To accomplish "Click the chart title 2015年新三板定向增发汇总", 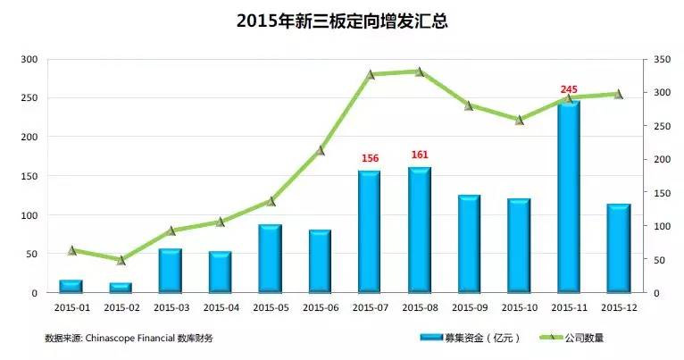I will pyautogui.click(x=342, y=20).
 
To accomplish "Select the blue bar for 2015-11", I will pyautogui.click(x=569, y=197).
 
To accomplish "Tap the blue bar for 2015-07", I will pyautogui.click(x=370, y=231).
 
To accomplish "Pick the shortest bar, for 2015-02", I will pyautogui.click(x=121, y=288).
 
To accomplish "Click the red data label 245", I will pyautogui.click(x=569, y=89).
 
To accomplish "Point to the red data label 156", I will pyautogui.click(x=370, y=158).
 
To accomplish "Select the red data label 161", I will pyautogui.click(x=420, y=155).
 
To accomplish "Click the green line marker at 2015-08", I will pyautogui.click(x=420, y=71).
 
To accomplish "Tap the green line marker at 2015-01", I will pyautogui.click(x=71, y=250).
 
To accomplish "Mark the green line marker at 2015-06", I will pyautogui.click(x=320, y=150).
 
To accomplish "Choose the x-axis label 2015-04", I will pyautogui.click(x=221, y=307).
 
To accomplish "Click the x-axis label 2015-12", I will pyautogui.click(x=619, y=307).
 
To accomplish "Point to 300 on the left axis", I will pyautogui.click(x=29, y=59).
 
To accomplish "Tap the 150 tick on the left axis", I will pyautogui.click(x=29, y=176).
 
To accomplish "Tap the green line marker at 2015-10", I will pyautogui.click(x=520, y=119).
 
